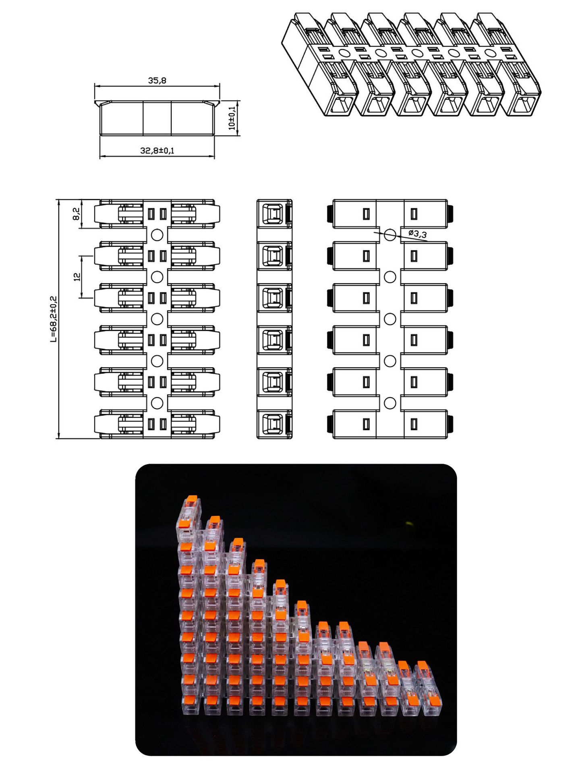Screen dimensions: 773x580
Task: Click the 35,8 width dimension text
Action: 157,81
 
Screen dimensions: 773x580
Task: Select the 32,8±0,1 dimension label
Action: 157,151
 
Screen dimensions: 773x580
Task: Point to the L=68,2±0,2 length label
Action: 54,319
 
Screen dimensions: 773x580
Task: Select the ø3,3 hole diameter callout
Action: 417,234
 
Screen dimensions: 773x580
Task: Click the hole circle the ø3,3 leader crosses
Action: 389,234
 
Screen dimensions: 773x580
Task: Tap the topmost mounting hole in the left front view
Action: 157,234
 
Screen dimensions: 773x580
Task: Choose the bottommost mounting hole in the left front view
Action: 157,402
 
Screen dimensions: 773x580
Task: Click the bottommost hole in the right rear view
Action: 389,402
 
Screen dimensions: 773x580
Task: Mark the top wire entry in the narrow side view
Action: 273,213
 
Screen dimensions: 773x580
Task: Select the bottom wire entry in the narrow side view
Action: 273,423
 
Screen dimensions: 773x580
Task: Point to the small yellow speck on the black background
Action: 410,524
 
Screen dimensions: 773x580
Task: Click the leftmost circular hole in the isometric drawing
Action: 344,52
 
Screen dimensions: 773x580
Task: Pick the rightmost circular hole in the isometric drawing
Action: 489,52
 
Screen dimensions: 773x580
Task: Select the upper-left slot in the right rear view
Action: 366,213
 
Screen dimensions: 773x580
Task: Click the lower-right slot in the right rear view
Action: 414,423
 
